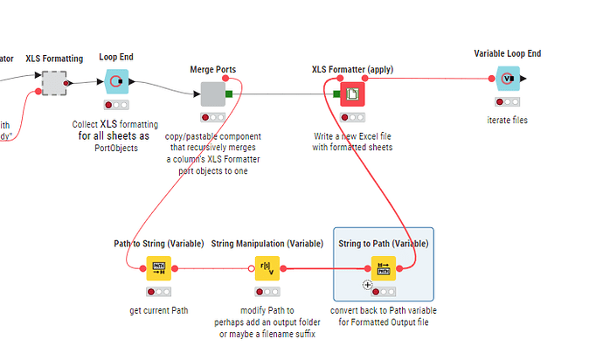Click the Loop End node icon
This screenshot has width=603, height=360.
tap(116, 81)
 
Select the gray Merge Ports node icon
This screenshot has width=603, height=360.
tap(212, 93)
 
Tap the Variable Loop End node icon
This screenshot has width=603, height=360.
tap(508, 78)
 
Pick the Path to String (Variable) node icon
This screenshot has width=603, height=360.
tap(158, 268)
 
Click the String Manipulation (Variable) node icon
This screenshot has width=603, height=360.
tap(267, 268)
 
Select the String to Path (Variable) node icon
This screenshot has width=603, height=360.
tap(383, 268)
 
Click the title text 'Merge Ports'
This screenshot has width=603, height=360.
tap(212, 69)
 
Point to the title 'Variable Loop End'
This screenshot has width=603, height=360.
tap(508, 54)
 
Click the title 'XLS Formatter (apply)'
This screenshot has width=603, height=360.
tap(351, 69)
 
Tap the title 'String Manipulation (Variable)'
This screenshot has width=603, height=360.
tap(267, 244)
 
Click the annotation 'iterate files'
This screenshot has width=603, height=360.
tap(508, 120)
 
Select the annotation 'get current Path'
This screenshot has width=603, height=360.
tap(158, 310)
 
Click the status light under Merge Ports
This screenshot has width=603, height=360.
tap(213, 116)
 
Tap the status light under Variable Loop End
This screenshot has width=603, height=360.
tap(508, 101)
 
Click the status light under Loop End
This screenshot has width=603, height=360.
tap(116, 105)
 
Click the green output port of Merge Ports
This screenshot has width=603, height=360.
tap(229, 93)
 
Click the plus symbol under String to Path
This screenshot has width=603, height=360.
tap(368, 285)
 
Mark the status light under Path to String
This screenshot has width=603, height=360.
tap(158, 291)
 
